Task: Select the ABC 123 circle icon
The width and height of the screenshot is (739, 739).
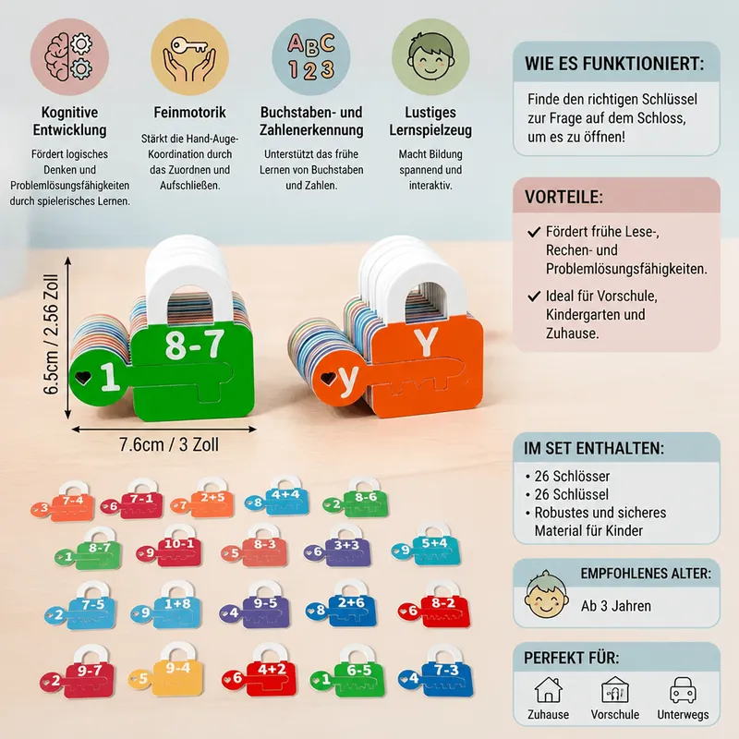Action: (x=310, y=57)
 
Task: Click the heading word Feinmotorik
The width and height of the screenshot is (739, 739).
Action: (x=189, y=112)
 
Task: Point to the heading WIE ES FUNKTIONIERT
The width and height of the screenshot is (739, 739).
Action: (x=614, y=64)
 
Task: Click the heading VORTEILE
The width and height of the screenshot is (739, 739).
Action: (x=563, y=197)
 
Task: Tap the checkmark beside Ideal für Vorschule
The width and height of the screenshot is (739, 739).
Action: (x=534, y=297)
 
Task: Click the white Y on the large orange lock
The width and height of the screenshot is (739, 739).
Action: (x=426, y=341)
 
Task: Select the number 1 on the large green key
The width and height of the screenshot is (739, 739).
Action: (x=109, y=377)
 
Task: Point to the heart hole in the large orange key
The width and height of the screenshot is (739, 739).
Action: (x=328, y=378)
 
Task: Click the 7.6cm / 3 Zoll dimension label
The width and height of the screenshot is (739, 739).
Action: (x=169, y=444)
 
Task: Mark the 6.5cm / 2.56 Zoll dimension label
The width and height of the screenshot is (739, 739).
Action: (x=51, y=334)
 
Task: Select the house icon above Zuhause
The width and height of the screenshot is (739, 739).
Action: (x=548, y=690)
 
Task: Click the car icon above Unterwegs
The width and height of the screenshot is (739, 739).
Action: (x=683, y=690)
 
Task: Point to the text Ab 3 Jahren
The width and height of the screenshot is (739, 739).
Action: (x=616, y=606)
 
